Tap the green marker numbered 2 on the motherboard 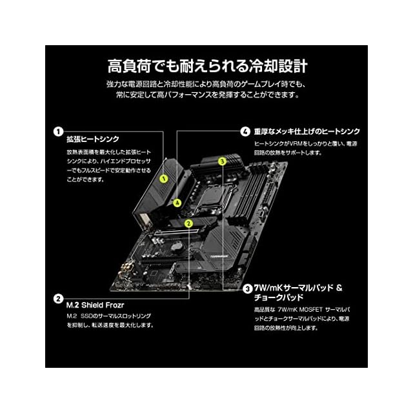[188, 223]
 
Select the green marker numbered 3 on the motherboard [222, 161]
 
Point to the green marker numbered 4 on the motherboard [176, 202]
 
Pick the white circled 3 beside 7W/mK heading [248, 288]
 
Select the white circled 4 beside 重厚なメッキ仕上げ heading [245, 131]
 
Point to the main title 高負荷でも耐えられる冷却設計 [206, 66]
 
